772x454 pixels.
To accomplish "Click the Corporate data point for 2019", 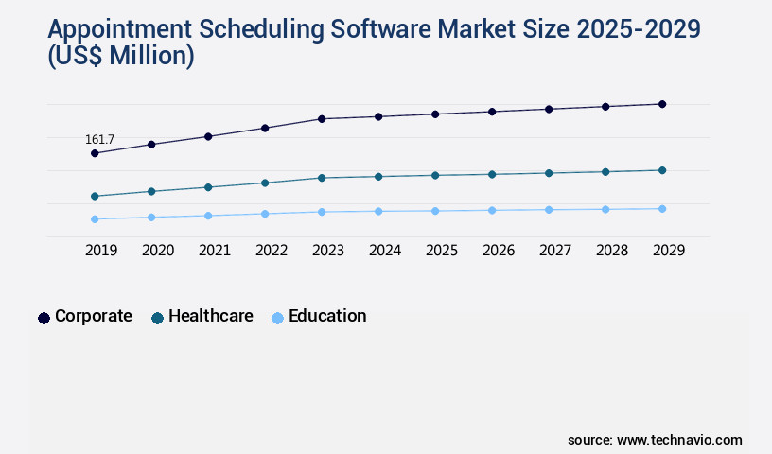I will click(x=95, y=153).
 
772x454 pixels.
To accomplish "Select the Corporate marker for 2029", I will click(x=662, y=104).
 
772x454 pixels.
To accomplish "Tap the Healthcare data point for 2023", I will click(x=322, y=178).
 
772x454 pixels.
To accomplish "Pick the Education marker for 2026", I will click(x=492, y=210).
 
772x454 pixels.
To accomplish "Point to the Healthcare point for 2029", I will click(x=662, y=170).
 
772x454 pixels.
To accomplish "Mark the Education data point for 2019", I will click(x=95, y=219).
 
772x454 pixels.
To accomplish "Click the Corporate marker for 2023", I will click(x=322, y=119).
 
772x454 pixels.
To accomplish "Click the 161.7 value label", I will click(x=99, y=139).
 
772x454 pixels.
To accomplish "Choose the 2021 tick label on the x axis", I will click(x=215, y=251).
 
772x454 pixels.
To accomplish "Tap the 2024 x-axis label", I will click(x=385, y=251).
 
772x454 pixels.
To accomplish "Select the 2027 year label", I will click(x=555, y=251).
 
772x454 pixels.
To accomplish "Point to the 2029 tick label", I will click(x=669, y=251).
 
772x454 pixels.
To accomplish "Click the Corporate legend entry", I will click(x=85, y=317).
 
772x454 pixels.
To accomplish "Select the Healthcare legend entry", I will click(x=202, y=317).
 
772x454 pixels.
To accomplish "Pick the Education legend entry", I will click(x=319, y=317).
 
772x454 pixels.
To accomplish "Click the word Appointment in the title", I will click(x=108, y=29).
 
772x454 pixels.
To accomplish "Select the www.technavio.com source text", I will click(x=679, y=440).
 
